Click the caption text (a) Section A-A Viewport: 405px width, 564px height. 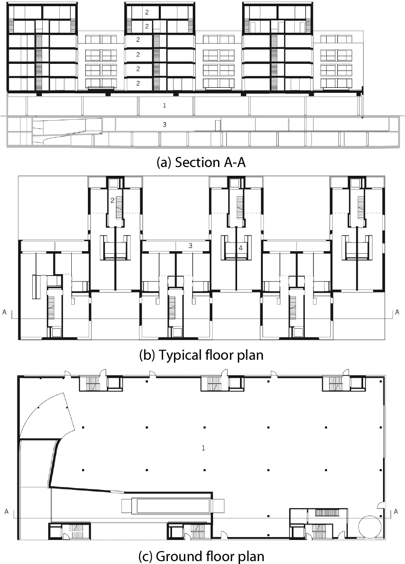point(201,162)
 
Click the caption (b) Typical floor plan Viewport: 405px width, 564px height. point(201,355)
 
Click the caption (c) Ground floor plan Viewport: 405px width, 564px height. point(201,556)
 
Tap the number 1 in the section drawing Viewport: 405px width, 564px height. point(165,106)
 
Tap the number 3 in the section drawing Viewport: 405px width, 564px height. point(165,124)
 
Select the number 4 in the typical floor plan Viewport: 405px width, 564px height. point(240,248)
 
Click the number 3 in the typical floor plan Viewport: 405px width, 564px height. point(190,246)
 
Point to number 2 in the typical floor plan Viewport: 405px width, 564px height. point(112,200)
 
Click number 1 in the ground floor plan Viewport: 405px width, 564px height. point(203,448)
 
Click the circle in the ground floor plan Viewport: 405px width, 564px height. point(370,525)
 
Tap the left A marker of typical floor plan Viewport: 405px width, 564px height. point(5,312)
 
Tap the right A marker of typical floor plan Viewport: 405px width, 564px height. point(397,312)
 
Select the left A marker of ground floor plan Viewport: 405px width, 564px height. point(6,512)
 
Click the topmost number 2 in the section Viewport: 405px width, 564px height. point(147,12)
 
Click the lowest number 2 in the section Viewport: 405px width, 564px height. point(138,83)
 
